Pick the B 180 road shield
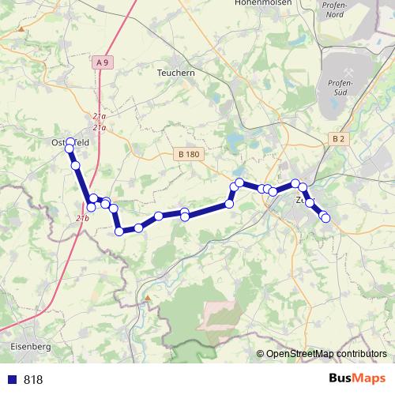187,154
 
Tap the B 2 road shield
338,139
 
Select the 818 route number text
33,379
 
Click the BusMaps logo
358,378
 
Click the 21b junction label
83,217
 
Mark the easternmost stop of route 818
325,219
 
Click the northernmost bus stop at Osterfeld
70,142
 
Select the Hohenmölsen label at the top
263,3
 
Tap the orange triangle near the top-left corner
21,29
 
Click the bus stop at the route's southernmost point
119,231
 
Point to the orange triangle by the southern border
147,298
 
